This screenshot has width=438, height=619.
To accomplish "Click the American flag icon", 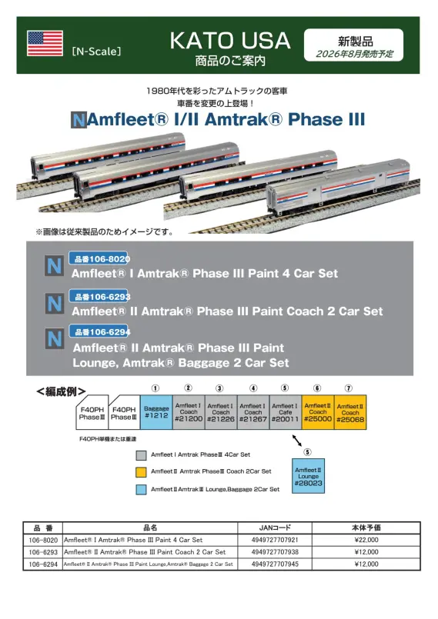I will click(x=45, y=44).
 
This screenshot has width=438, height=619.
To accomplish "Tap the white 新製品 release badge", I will click(x=353, y=45).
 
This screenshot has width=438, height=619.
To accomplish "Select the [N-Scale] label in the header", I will click(x=95, y=53).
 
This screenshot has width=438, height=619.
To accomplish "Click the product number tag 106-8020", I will click(x=99, y=260).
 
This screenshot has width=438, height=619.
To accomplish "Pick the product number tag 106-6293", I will click(x=99, y=296).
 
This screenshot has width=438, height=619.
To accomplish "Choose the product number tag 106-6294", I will click(x=99, y=331).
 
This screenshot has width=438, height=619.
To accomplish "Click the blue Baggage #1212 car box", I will click(x=156, y=412).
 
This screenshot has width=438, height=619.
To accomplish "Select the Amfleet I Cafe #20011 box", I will click(x=285, y=412).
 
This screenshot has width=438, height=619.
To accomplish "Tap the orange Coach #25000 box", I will click(x=317, y=412).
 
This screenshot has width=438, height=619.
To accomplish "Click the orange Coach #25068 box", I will click(x=349, y=412).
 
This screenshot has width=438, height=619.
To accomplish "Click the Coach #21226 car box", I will click(x=220, y=412).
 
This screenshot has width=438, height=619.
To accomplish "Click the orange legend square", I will click(x=141, y=471).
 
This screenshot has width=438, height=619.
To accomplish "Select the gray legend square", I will click(x=141, y=454).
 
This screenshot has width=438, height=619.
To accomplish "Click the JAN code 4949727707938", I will click(x=274, y=552).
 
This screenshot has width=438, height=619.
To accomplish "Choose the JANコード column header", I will click(x=274, y=528).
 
